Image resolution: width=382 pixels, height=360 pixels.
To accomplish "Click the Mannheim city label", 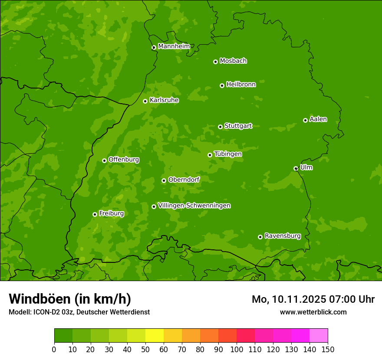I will tap(174, 46).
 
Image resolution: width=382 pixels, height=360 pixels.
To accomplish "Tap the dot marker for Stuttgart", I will tap(220, 127).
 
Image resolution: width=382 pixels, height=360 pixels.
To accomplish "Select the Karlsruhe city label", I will tap(164, 100).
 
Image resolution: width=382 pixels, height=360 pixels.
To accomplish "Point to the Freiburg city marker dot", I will tap(95, 214).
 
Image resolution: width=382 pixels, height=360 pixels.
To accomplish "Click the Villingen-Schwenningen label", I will tap(194, 206).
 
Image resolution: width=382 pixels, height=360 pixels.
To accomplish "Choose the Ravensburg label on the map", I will tap(282, 236).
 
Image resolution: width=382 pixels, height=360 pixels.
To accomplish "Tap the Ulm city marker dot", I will tap(296, 168).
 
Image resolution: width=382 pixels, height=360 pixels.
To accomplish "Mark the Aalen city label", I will tap(318, 119).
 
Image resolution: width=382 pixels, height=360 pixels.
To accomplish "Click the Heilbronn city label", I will tap(241, 85).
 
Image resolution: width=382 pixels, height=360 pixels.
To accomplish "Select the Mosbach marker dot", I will tap(215, 62).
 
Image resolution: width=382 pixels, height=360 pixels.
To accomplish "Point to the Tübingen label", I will tap(228, 154).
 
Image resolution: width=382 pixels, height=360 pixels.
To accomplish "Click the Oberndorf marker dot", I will tap(164, 180).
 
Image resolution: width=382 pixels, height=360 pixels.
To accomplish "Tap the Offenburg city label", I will tap(124, 160).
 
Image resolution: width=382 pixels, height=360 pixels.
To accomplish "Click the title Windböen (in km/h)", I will tap(70, 299).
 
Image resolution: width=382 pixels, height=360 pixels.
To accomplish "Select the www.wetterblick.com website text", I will tap(313, 312).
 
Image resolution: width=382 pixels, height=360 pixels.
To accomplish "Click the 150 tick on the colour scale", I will tap(328, 349).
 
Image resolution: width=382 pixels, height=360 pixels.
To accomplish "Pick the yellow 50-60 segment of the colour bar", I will tap(154, 336).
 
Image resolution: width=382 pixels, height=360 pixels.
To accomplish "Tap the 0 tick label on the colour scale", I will tap(54, 349).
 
